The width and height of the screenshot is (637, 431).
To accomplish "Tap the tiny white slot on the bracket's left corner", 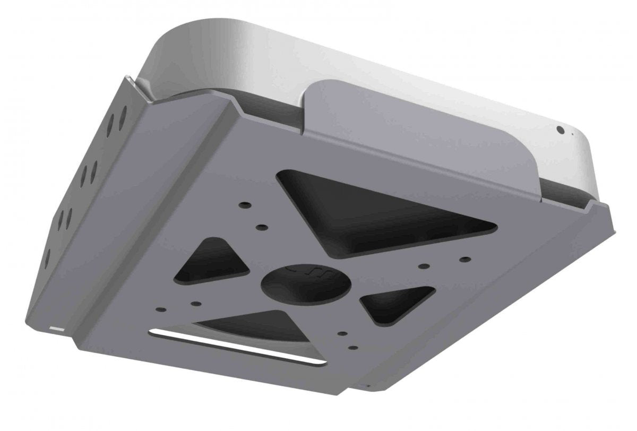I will (x=55, y=329).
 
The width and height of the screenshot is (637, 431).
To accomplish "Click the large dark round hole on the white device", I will (x=559, y=129).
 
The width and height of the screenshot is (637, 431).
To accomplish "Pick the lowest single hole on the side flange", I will (x=47, y=257).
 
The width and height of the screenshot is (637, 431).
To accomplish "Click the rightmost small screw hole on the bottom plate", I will (x=465, y=259).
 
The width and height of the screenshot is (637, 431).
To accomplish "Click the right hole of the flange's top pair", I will (x=123, y=114).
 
